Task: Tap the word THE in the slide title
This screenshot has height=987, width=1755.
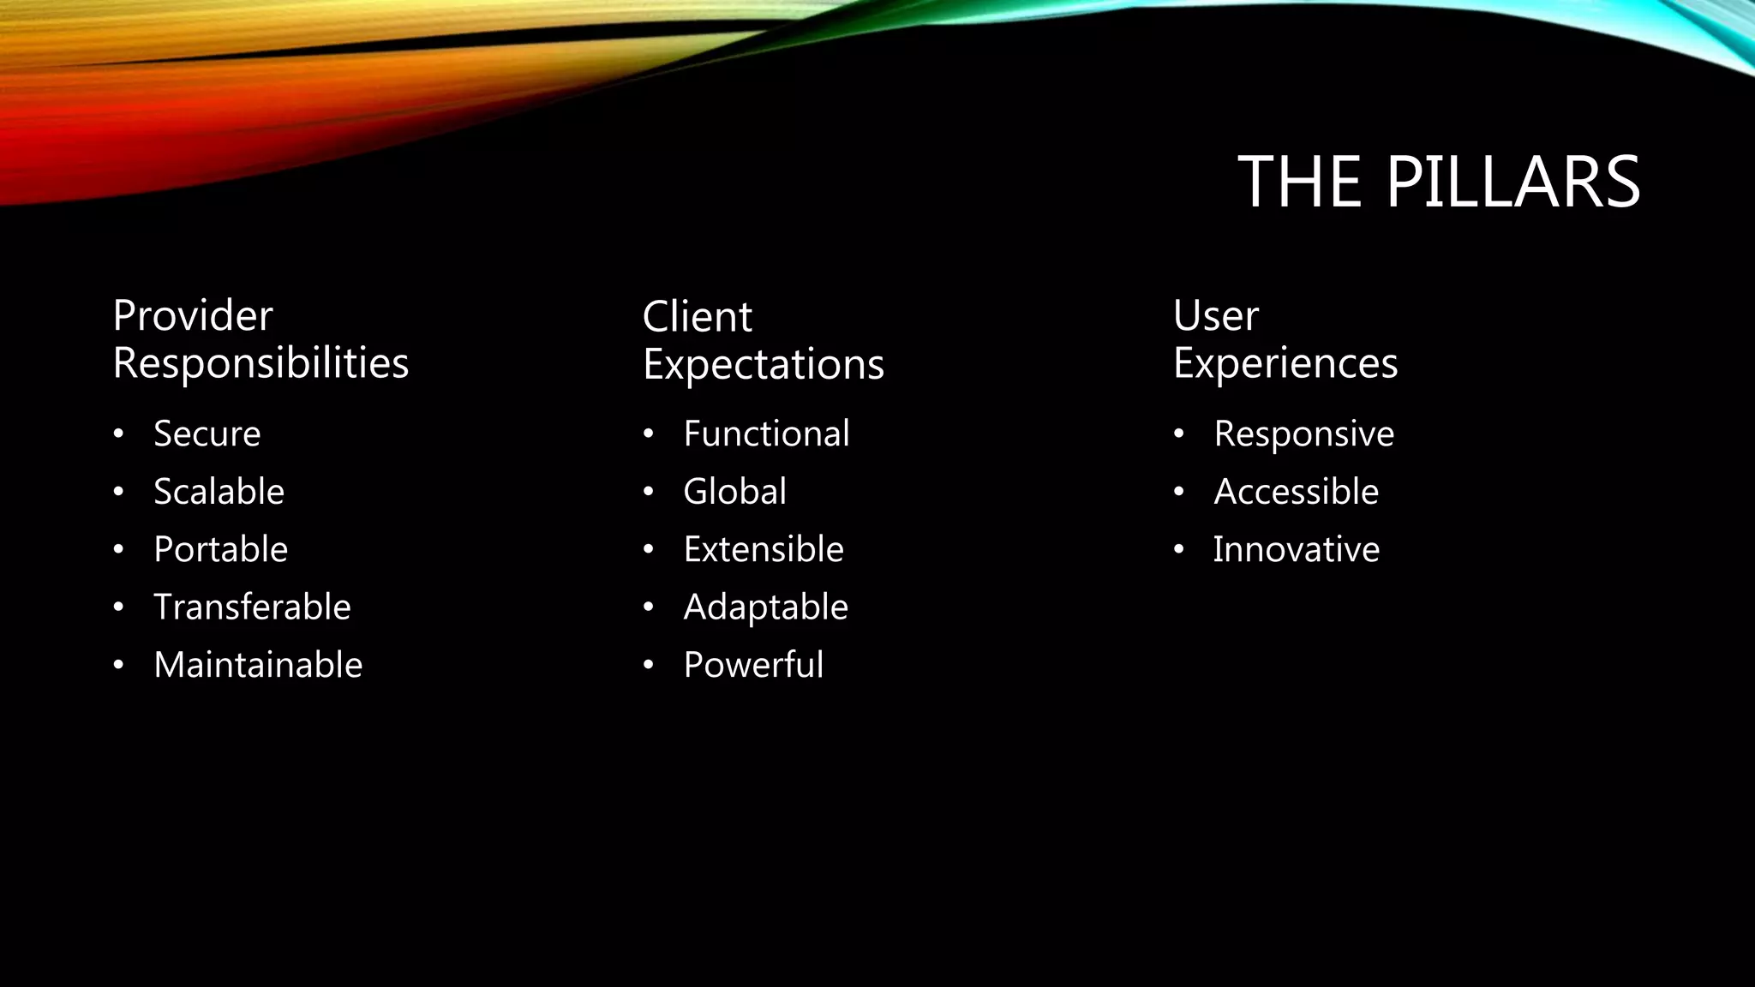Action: click(1300, 182)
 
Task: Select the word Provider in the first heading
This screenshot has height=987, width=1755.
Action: click(193, 316)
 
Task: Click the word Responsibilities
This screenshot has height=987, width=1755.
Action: click(261, 363)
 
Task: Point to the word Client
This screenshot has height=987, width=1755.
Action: click(697, 317)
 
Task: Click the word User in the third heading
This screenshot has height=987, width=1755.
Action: click(1215, 316)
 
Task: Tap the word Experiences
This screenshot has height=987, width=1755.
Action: click(1285, 364)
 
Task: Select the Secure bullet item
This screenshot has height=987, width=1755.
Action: click(207, 434)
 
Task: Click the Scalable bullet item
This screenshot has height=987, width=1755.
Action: click(219, 492)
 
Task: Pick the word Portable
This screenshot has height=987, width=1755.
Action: click(220, 549)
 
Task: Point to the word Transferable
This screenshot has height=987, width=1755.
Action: click(252, 607)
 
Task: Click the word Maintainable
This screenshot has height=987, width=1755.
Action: click(258, 665)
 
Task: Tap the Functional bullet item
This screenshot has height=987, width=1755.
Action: click(766, 434)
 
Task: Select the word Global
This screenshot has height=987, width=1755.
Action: click(734, 492)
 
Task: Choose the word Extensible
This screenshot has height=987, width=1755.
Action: click(763, 549)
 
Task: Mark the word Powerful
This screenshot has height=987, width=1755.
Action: click(753, 665)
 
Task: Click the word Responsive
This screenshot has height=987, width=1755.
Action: click(1303, 434)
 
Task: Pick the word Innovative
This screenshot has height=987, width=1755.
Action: click(1296, 549)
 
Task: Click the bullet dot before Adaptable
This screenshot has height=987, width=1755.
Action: click(649, 607)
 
